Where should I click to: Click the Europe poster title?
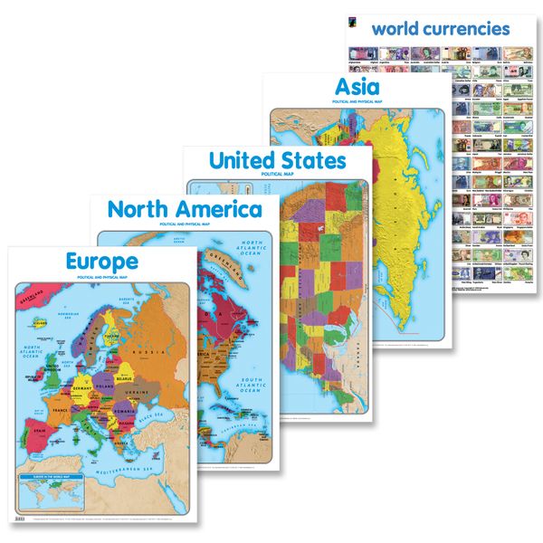(x=101, y=262)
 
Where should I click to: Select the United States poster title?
(x=277, y=160)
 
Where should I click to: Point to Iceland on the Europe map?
(x=38, y=319)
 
